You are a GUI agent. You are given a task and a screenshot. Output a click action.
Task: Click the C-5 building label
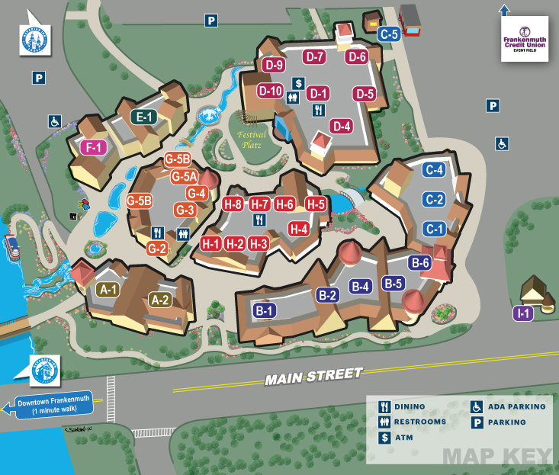(389, 34)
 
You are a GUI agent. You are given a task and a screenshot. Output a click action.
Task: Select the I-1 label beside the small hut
(523, 313)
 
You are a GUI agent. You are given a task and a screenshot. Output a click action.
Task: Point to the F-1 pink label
(94, 148)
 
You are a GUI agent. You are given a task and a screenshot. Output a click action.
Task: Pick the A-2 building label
(160, 300)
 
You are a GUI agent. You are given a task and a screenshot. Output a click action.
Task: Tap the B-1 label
(265, 310)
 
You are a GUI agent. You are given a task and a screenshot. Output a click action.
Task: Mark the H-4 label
(299, 228)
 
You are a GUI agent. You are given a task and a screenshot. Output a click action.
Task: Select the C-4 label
(435, 170)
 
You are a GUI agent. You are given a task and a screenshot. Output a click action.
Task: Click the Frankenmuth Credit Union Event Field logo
(525, 39)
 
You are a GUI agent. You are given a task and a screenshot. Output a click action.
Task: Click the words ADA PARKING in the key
(516, 406)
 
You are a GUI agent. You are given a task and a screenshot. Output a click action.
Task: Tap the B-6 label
(421, 263)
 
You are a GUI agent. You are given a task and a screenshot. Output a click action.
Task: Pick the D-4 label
(341, 126)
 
